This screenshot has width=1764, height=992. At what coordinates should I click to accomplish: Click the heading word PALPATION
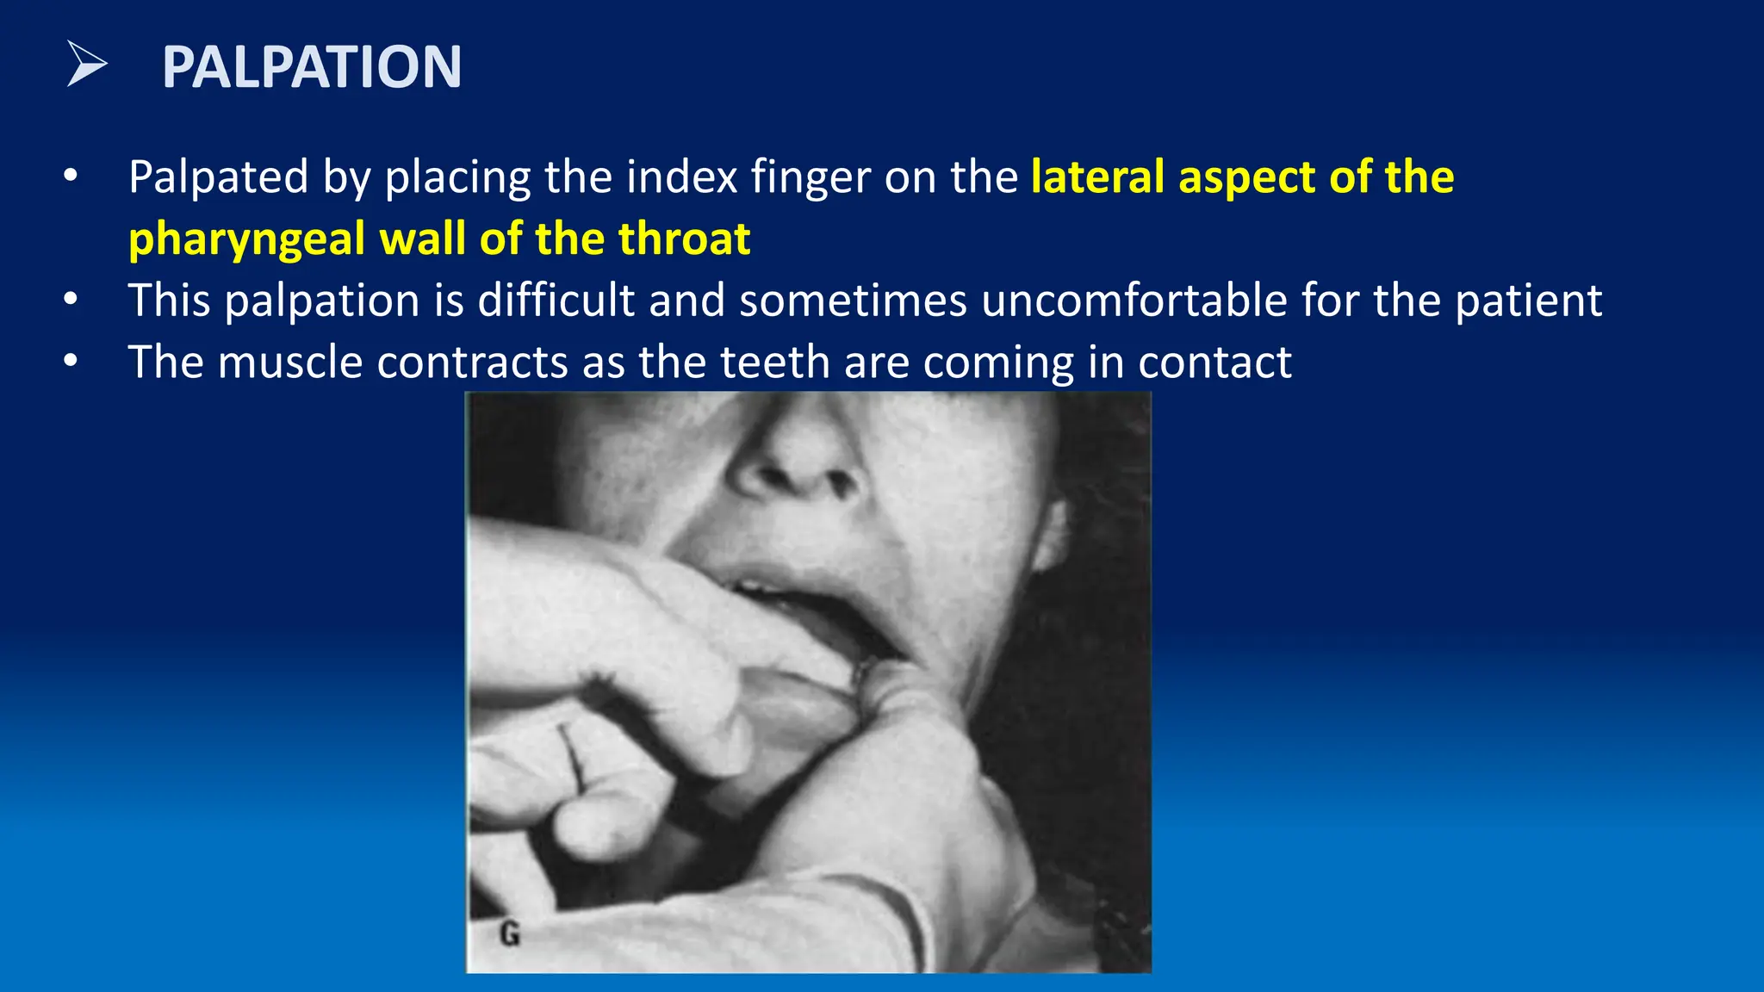[312, 67]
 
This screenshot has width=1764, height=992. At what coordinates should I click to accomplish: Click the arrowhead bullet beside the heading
[86, 65]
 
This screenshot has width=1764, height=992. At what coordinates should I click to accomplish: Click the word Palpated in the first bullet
[218, 177]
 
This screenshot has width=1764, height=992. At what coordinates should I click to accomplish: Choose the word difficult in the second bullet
[556, 301]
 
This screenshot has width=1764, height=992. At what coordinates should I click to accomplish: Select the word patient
[1528, 301]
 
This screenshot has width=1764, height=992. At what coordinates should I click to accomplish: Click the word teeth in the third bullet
[774, 363]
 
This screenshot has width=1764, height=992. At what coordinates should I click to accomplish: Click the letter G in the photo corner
[509, 933]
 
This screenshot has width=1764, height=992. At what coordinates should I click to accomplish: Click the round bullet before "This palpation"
[71, 300]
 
